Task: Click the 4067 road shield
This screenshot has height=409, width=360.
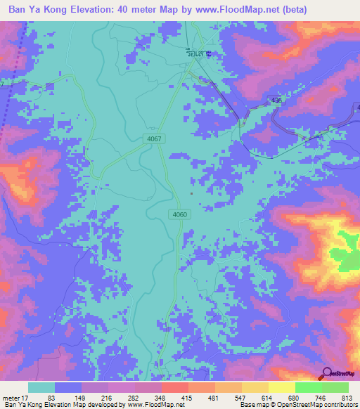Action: [x=155, y=139]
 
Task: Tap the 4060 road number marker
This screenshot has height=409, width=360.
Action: [x=179, y=214]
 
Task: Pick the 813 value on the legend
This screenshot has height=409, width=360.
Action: [x=346, y=398]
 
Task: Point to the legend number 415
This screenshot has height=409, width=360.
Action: [x=187, y=398]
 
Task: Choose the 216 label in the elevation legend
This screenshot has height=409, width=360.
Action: [x=108, y=398]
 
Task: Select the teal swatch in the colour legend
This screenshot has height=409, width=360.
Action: [x=41, y=387]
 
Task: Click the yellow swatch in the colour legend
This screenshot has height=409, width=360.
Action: [x=281, y=387]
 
